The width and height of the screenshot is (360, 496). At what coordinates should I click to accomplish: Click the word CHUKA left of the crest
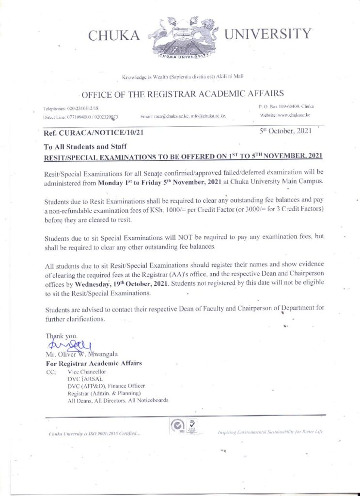tap(115, 35)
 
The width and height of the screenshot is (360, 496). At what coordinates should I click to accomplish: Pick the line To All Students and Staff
tap(86, 146)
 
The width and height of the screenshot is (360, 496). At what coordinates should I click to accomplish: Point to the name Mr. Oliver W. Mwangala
tap(81, 354)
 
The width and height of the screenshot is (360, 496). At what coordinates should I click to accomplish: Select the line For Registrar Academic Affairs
tap(94, 363)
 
